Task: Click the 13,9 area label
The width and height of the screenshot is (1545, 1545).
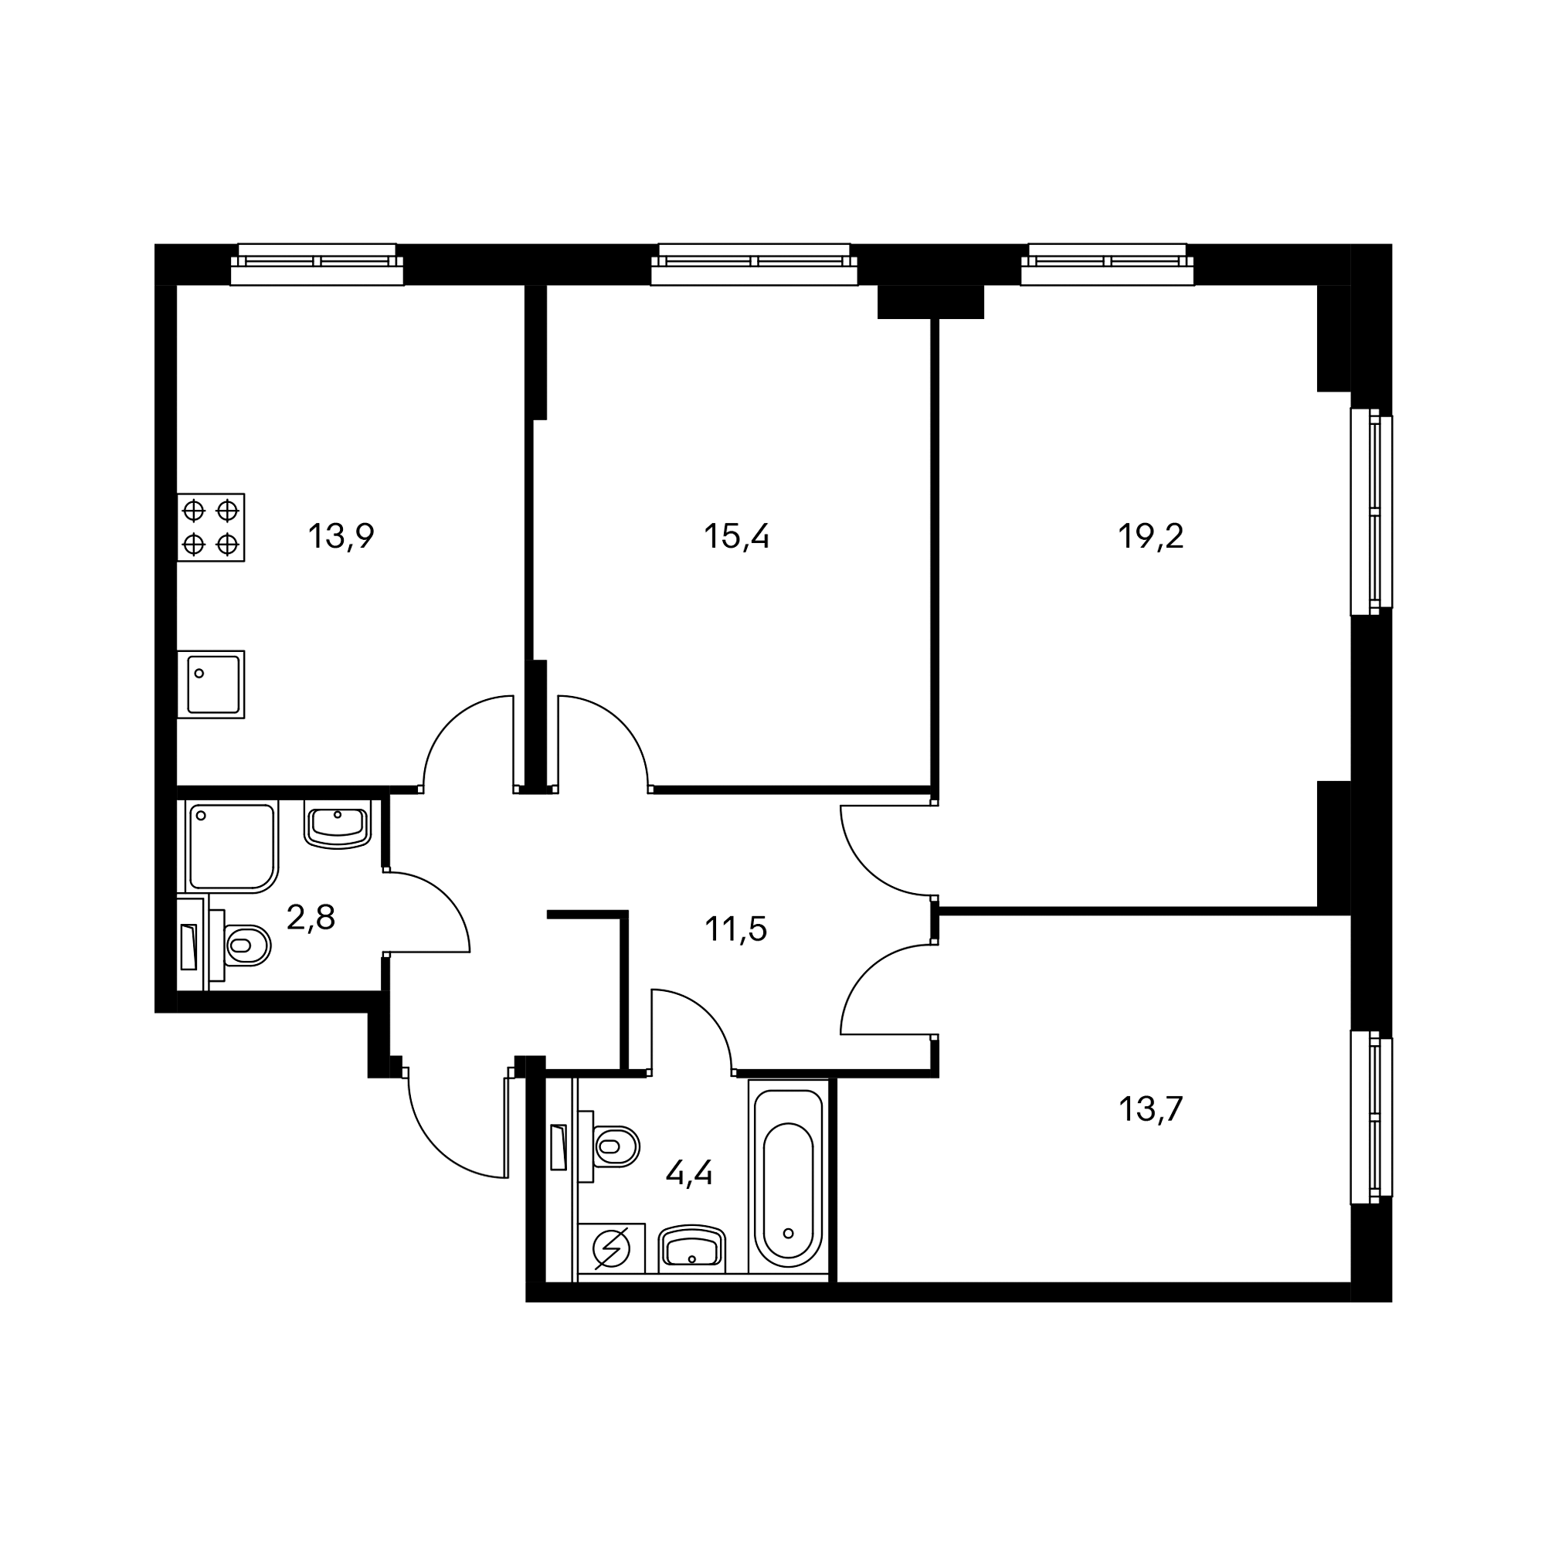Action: click(341, 536)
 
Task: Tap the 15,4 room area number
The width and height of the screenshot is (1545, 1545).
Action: click(736, 536)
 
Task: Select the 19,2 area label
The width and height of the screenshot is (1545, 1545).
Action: click(1150, 536)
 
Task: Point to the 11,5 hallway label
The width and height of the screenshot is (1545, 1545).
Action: click(735, 929)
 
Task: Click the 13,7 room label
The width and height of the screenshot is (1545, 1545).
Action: click(1150, 1109)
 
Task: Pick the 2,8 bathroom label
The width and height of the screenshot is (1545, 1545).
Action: click(311, 918)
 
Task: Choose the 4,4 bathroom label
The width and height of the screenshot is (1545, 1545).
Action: click(688, 1173)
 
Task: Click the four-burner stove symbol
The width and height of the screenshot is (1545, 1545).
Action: click(211, 527)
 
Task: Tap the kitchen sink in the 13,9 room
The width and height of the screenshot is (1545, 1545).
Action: click(212, 684)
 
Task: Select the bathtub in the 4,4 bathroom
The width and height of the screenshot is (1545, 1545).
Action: click(789, 1176)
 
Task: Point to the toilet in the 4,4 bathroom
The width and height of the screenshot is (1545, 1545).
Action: click(615, 1146)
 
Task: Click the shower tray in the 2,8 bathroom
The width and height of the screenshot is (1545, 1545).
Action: click(230, 847)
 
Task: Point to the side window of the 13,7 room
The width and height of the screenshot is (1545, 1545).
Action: click(1370, 1128)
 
